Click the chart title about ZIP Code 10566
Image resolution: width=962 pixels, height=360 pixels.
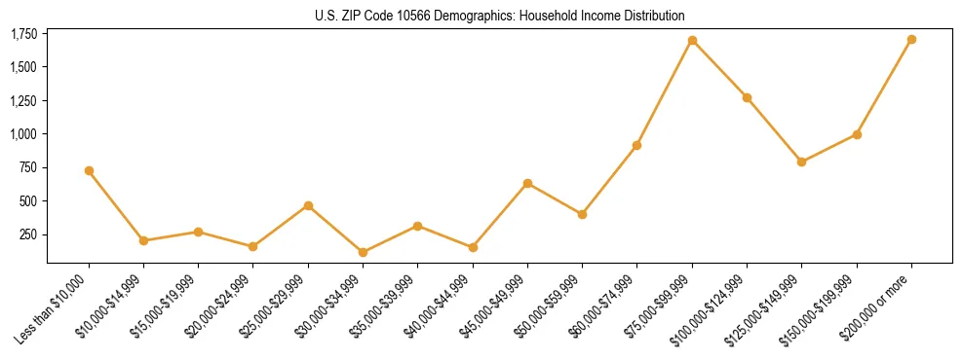click(500, 16)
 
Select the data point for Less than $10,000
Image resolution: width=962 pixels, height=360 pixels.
click(89, 170)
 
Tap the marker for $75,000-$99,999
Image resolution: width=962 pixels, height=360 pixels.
click(692, 41)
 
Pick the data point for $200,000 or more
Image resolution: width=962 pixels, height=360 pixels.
click(911, 40)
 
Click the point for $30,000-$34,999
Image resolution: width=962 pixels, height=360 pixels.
click(363, 252)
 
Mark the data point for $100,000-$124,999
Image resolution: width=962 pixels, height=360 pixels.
click(747, 97)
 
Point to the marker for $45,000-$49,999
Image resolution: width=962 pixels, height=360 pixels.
click(527, 183)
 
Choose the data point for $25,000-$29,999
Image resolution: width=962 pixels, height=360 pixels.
click(308, 205)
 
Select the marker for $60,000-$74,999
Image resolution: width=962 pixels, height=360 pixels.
click(636, 145)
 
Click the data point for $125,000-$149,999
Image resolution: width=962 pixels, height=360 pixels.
click(801, 162)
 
